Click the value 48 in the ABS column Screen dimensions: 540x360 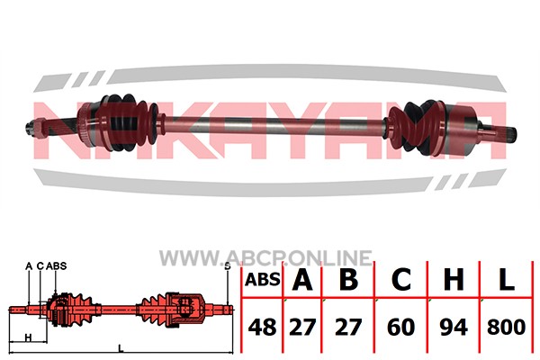click(262, 327)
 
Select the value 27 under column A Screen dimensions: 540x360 click(302, 327)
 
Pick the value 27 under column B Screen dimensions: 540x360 click(347, 327)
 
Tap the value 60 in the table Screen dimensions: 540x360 click(400, 327)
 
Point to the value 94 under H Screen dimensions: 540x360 click(454, 327)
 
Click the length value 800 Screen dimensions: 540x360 click(506, 327)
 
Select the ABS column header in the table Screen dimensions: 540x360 click(263, 280)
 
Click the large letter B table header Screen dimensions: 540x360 click(348, 279)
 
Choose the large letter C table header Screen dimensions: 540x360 click(401, 279)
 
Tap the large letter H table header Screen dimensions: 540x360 click(454, 279)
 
